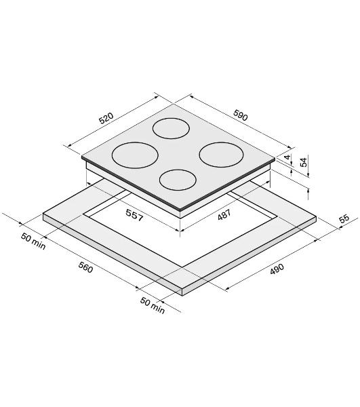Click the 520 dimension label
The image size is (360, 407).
pyautogui.click(x=106, y=118)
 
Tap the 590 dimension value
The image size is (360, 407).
pyautogui.click(x=241, y=115)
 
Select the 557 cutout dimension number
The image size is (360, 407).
pyautogui.click(x=134, y=215)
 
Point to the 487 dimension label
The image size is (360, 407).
pyautogui.click(x=224, y=215)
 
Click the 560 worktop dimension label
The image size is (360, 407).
pyautogui.click(x=85, y=267)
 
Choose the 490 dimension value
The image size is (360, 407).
pyautogui.click(x=277, y=269)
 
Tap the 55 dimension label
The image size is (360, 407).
pyautogui.click(x=344, y=218)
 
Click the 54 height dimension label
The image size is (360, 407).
pyautogui.click(x=304, y=161)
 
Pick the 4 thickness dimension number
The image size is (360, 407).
pyautogui.click(x=287, y=157)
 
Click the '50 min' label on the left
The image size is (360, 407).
pyautogui.click(x=33, y=241)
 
